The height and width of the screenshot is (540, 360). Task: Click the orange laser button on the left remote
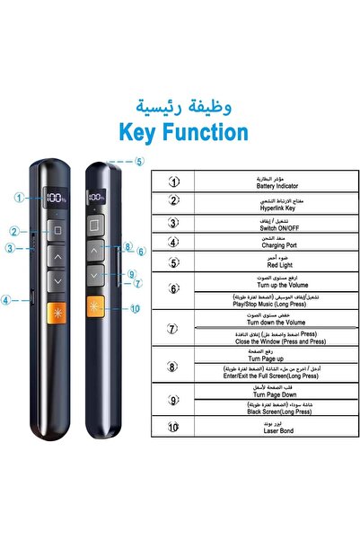[x=57, y=314]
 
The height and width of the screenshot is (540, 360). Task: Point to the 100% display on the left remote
[x=57, y=196]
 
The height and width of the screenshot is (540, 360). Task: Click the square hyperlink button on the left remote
[x=57, y=231]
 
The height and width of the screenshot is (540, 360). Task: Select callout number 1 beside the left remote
[x=19, y=197]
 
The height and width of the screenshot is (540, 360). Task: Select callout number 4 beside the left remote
[x=7, y=300]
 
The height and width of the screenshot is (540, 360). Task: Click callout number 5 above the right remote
[x=139, y=163]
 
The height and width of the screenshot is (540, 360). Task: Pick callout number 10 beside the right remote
[x=136, y=308]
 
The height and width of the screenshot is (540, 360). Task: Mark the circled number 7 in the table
[x=174, y=328]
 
